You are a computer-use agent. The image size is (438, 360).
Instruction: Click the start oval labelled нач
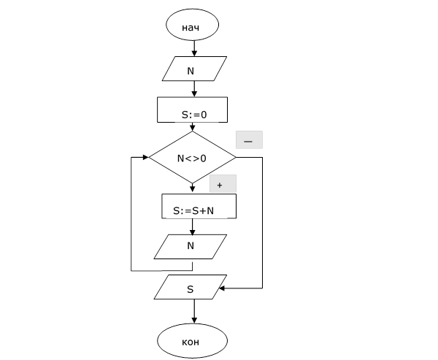pos(193,27)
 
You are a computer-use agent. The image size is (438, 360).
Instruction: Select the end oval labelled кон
pos(193,341)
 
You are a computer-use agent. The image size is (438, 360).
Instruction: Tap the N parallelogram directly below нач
pos(193,71)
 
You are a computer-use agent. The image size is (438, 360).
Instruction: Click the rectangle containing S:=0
pos(193,113)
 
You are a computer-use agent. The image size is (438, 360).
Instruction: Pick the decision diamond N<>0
pos(193,157)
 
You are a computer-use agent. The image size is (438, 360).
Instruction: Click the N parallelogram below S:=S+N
pos(191,246)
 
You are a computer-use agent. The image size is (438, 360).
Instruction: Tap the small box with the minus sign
pos(248,139)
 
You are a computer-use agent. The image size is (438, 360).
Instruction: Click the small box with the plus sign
pos(222,184)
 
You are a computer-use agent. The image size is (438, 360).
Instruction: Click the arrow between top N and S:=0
pos(194,91)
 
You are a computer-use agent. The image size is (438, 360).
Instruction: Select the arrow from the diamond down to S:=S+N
pos(193,188)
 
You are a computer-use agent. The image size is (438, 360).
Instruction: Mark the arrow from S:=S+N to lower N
pos(193,227)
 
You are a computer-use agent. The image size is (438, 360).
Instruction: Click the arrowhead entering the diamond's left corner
pos(145,157)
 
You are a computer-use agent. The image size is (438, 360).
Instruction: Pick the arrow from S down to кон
pos(194,313)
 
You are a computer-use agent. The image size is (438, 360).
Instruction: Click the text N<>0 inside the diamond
pos(193,158)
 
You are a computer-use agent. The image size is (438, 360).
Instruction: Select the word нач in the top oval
pos(191,28)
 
